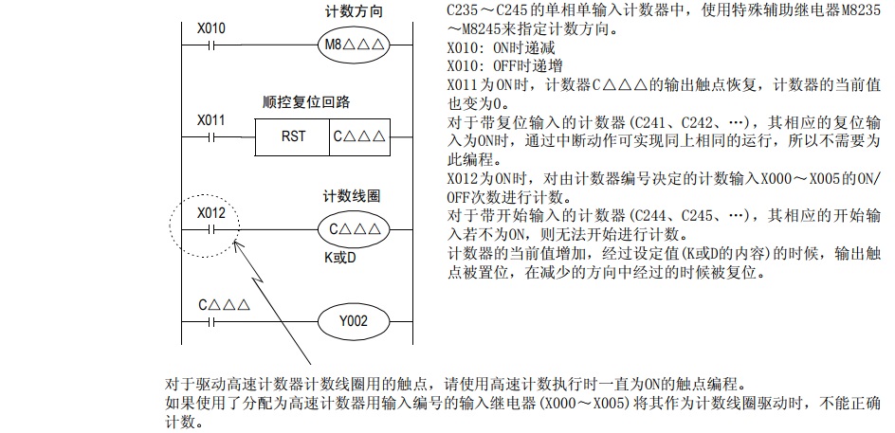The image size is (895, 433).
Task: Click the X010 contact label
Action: pos(211,27)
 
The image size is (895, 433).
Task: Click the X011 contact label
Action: pos(211,120)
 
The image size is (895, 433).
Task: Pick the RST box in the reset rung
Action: pos(293,136)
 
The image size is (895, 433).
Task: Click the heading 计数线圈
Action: pos(352,196)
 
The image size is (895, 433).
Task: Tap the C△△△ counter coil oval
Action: pos(352,229)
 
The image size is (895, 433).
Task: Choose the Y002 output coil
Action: pos(352,320)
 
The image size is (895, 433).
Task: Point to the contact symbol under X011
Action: pos(211,136)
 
